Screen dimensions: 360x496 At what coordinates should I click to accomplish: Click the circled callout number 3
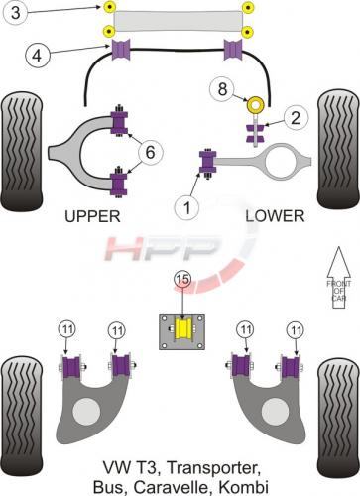click(16, 13)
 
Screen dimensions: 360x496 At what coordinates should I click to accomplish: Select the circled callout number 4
click(37, 55)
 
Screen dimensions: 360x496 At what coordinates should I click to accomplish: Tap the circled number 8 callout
click(222, 88)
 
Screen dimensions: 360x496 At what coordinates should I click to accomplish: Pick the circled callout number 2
click(296, 118)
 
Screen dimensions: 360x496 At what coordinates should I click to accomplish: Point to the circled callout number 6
click(151, 152)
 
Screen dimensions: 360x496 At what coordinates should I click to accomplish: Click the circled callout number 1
click(187, 208)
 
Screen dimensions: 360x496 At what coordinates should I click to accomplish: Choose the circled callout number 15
click(183, 280)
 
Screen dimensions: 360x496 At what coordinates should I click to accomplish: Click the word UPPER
click(92, 216)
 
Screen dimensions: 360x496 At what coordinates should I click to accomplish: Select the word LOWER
click(275, 216)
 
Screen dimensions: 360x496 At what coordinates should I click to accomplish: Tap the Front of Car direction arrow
click(339, 278)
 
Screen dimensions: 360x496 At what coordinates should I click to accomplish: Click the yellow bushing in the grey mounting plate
click(183, 329)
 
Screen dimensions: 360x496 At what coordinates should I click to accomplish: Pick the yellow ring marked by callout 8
click(256, 105)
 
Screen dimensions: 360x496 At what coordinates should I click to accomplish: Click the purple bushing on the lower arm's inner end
click(208, 162)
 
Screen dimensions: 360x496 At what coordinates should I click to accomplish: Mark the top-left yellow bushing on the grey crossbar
click(109, 7)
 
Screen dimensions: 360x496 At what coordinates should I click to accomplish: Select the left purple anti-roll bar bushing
click(121, 50)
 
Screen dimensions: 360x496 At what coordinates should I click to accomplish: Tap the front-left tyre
click(22, 151)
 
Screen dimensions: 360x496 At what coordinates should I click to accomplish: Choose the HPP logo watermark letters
click(162, 248)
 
